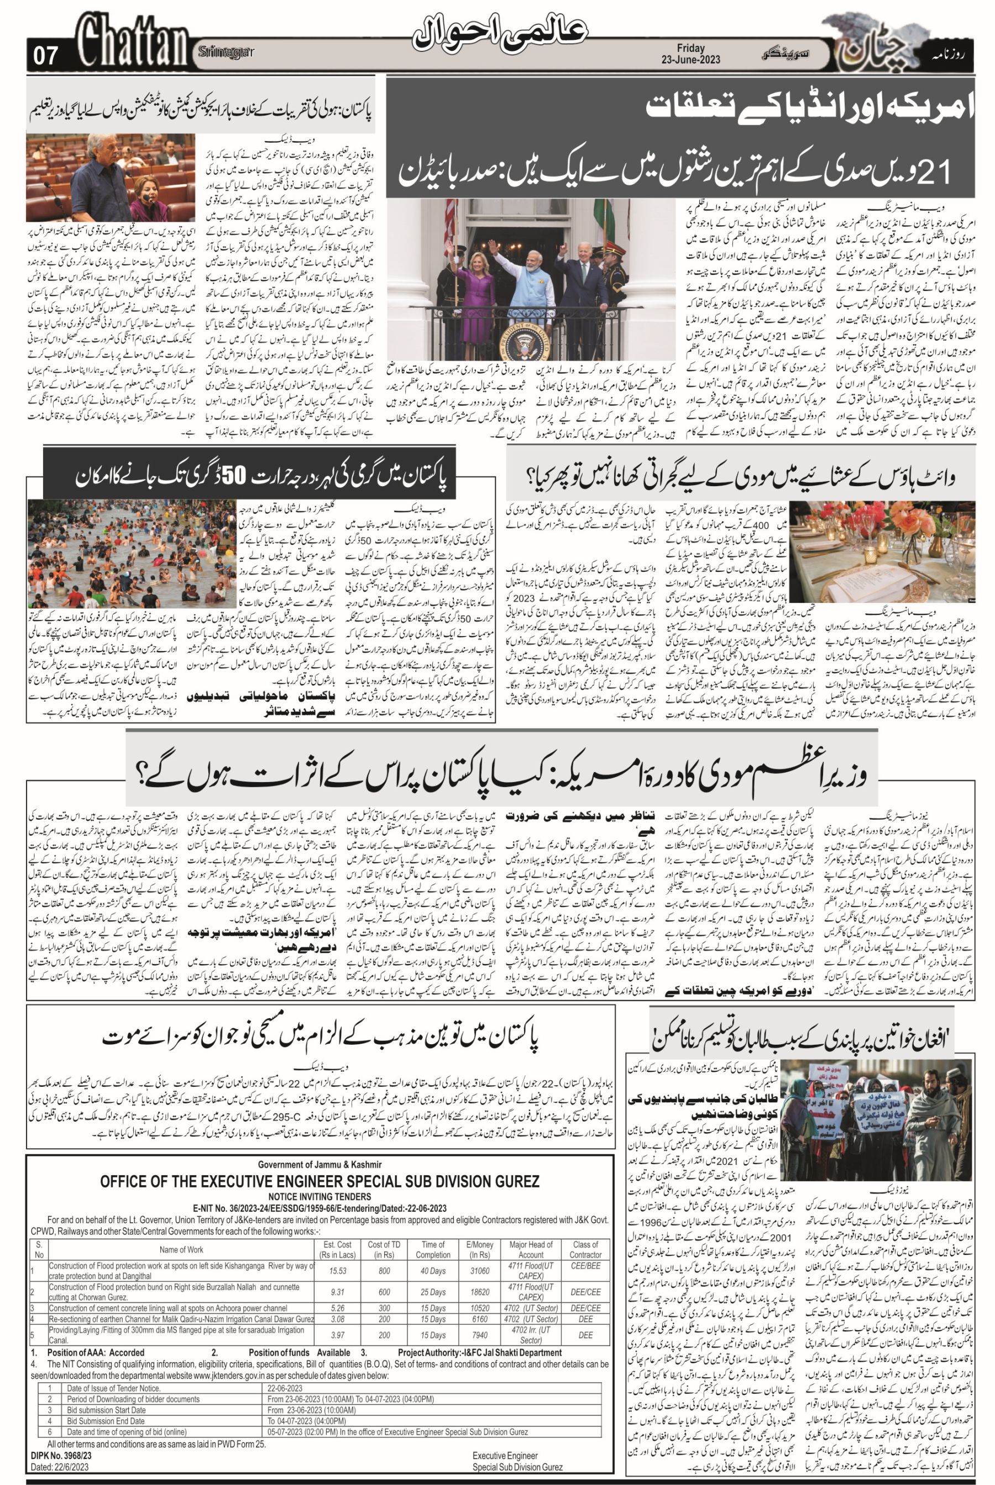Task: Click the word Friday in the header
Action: (690, 48)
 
